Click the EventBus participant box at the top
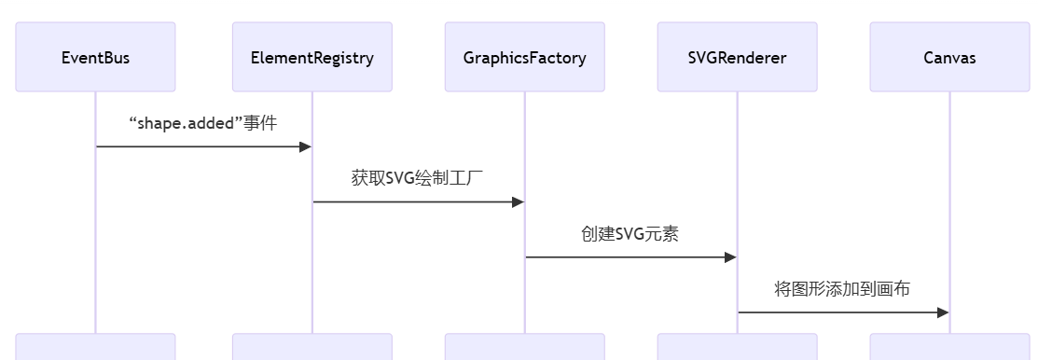95,57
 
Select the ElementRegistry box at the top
311,57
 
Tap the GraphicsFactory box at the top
524,57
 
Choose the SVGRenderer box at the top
737,57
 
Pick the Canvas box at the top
949,57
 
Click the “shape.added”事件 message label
202,123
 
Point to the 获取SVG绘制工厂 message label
417,178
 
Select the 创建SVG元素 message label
630,233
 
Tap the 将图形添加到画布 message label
842,288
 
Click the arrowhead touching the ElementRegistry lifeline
305,146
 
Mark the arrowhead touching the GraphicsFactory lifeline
518,201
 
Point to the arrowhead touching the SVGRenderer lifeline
730,257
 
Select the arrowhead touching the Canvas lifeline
943,312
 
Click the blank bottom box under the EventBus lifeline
95,347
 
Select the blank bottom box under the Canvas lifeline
949,347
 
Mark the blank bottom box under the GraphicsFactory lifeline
524,347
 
